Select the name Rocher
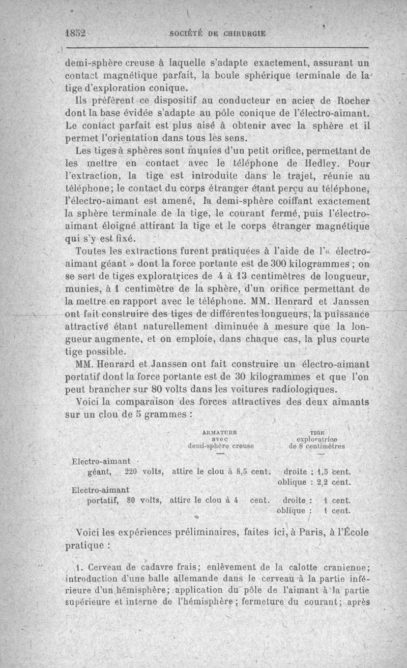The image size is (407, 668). click(349, 100)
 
